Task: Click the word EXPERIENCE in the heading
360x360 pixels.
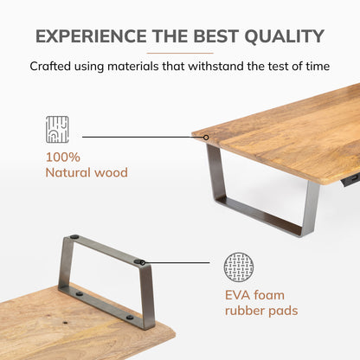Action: (91, 36)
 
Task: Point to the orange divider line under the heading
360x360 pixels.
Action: (180, 53)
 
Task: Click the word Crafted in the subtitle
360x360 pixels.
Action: (50, 66)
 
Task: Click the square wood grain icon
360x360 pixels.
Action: (57, 130)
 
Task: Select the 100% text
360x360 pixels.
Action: (63, 157)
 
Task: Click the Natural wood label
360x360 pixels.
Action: (87, 172)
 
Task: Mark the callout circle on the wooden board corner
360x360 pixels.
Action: (206, 138)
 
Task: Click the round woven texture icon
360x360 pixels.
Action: (239, 267)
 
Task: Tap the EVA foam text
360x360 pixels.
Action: (254, 295)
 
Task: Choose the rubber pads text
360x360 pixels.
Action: (261, 311)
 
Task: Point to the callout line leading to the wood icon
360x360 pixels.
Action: (143, 137)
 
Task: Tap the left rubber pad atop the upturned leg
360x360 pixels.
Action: (74, 237)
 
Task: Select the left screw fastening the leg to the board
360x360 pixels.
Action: (79, 294)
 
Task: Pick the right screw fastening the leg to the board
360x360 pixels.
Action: (130, 318)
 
